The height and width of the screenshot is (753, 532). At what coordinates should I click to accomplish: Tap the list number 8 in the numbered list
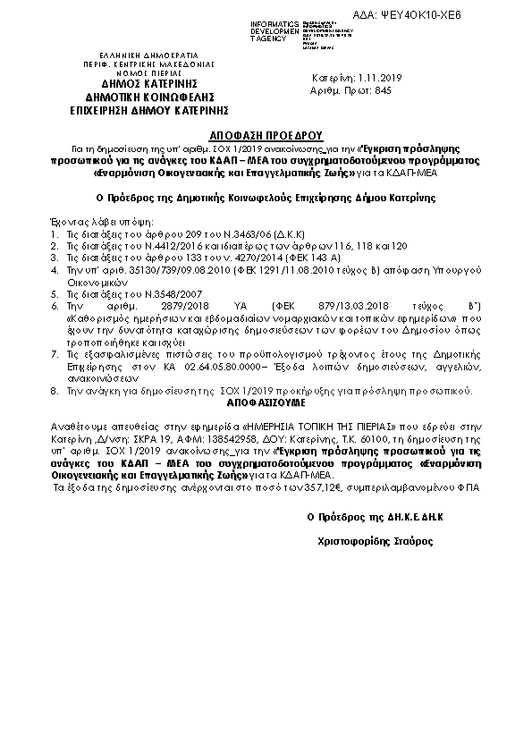(x=55, y=391)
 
